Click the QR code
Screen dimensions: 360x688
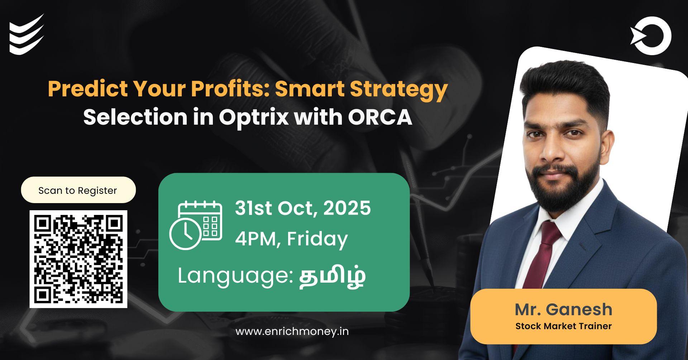click(78, 259)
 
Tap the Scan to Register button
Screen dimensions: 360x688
click(78, 190)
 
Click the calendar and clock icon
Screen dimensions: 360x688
click(196, 225)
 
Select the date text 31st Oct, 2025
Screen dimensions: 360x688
click(303, 208)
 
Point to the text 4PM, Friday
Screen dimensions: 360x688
click(291, 239)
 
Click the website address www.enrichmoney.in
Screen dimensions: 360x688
click(292, 331)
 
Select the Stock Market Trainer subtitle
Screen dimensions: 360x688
click(563, 326)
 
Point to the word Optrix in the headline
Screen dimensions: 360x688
click(253, 117)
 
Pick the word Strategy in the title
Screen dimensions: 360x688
click(399, 88)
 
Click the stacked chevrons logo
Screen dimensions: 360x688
click(27, 35)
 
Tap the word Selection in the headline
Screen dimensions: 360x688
click(135, 117)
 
